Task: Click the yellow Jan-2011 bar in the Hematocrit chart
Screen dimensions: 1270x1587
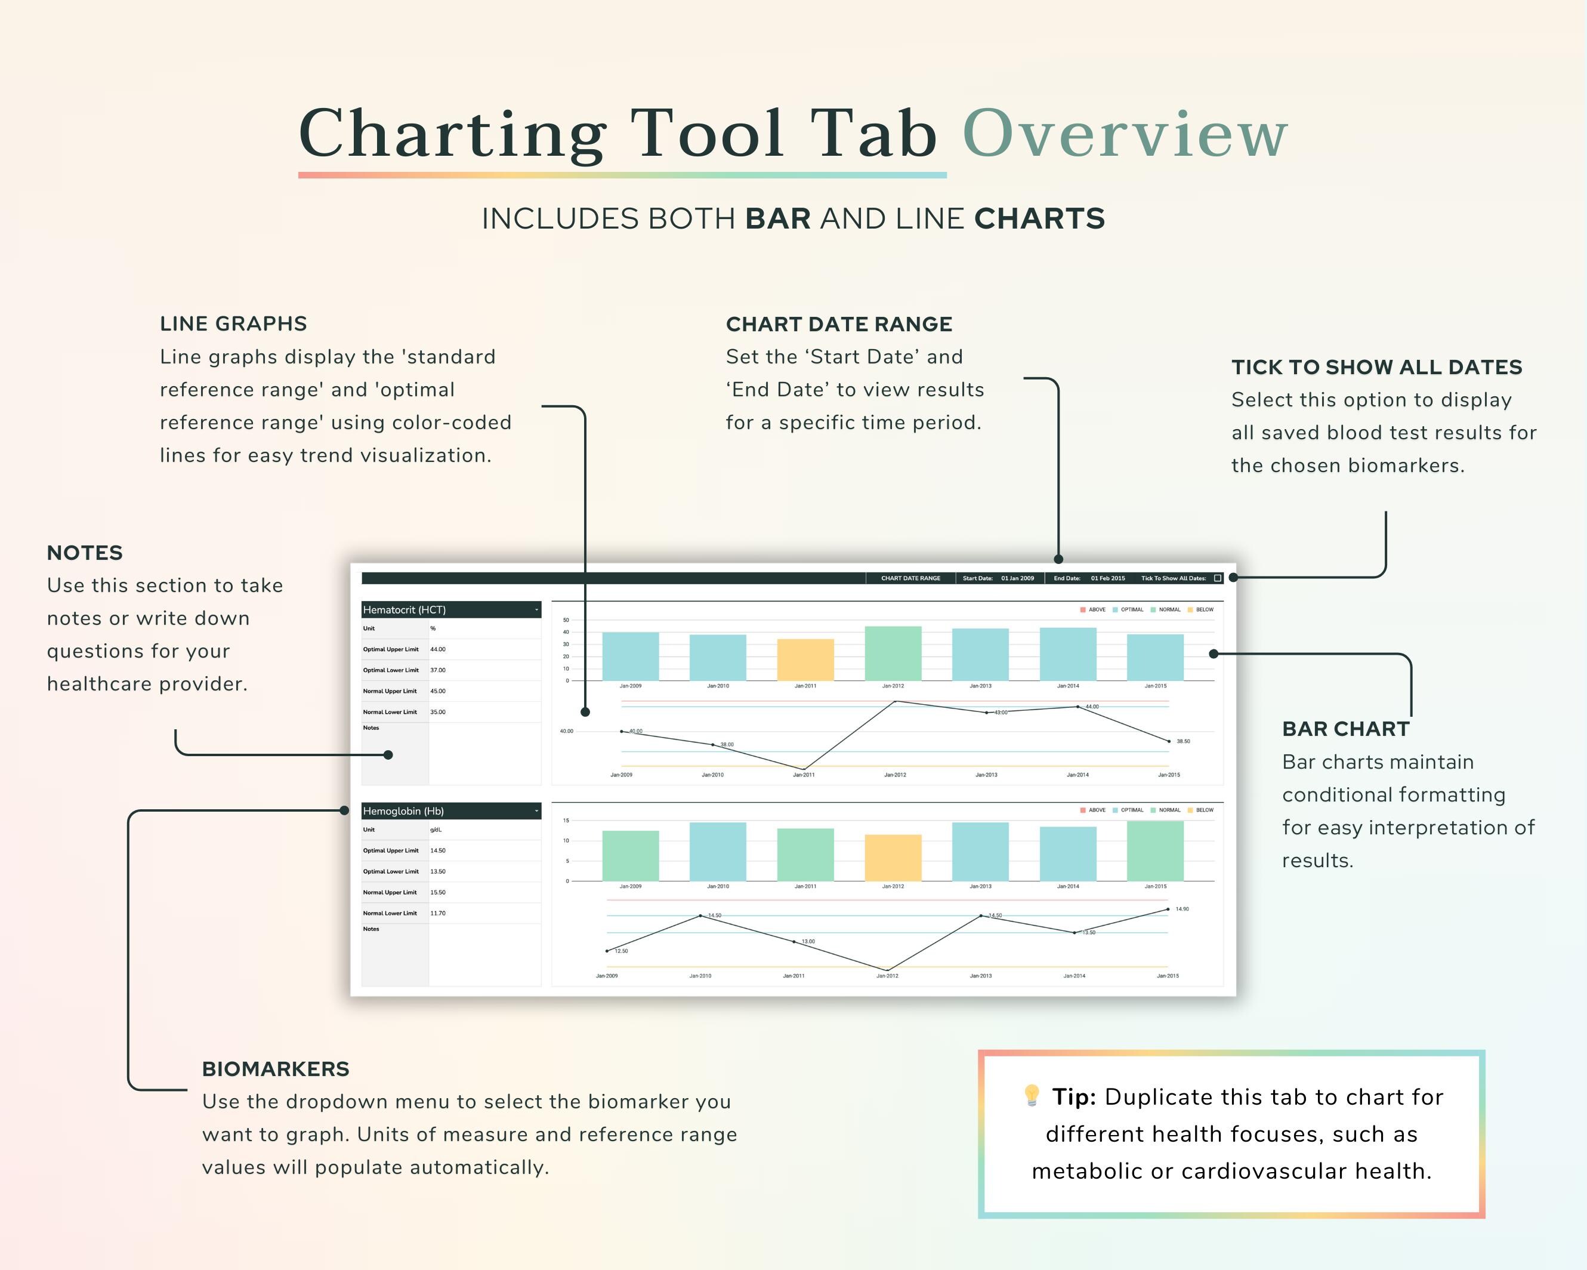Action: coord(805,659)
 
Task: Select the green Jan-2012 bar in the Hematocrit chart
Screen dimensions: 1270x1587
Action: coord(893,654)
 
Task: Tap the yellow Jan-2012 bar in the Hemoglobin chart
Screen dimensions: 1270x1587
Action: coord(893,858)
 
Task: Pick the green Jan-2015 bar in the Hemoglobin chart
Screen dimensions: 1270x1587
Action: coord(1155,851)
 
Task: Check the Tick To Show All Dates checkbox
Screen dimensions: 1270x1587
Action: coord(1218,578)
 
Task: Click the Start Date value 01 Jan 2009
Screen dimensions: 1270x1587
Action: coord(1017,578)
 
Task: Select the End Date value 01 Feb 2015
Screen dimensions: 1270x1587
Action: coord(1108,578)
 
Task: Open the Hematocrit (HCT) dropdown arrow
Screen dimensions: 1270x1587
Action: coord(536,609)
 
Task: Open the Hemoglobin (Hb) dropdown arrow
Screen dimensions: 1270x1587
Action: coord(536,811)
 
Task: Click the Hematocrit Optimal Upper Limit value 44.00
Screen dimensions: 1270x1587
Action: coord(438,649)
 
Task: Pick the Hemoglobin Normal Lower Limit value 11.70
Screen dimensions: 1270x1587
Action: coord(438,913)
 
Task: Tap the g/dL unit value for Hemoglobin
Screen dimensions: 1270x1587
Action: coord(436,830)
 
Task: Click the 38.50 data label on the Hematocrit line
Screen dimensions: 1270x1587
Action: coord(1183,741)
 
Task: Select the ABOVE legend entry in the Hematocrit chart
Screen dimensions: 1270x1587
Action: coord(1096,609)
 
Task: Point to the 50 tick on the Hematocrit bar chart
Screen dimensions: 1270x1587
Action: coord(566,620)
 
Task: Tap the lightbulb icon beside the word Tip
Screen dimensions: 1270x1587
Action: coord(1032,1096)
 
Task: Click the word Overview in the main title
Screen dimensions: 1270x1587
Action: coord(1125,134)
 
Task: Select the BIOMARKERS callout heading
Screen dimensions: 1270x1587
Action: coord(275,1069)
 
